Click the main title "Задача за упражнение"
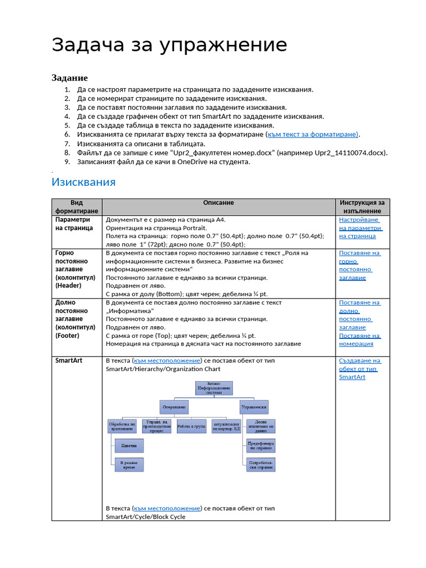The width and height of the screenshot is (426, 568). click(x=169, y=45)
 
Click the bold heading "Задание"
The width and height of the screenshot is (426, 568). click(x=69, y=78)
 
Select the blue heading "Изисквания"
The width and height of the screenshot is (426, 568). click(x=83, y=182)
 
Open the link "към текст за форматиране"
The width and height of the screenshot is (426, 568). click(x=312, y=134)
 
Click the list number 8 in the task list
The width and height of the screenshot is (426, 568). click(x=67, y=153)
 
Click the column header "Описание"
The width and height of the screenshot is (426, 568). click(x=218, y=203)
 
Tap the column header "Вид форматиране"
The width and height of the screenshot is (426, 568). click(x=77, y=207)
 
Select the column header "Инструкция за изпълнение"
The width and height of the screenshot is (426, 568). click(x=362, y=207)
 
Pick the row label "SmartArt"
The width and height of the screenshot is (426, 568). click(x=69, y=361)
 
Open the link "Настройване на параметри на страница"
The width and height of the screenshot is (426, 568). click(x=359, y=228)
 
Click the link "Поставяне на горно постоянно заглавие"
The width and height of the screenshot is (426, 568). click(x=359, y=265)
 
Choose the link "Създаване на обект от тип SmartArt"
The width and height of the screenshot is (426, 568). click(x=359, y=369)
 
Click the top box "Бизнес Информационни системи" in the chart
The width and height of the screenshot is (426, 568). click(x=214, y=388)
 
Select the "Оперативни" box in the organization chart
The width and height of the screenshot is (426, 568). click(x=175, y=407)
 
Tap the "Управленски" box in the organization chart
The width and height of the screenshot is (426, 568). click(x=254, y=407)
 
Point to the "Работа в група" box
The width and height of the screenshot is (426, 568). click(x=191, y=426)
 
